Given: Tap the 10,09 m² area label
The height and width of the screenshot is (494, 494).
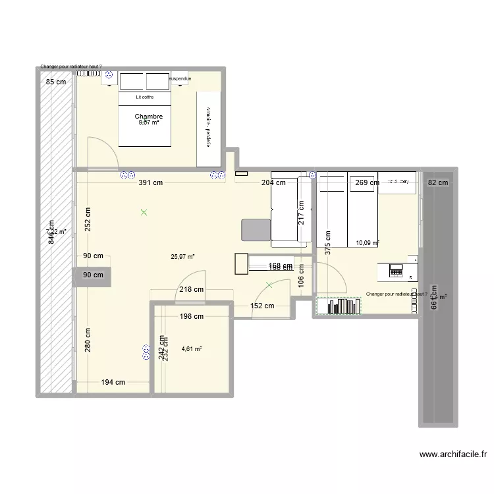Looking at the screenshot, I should pos(367,242).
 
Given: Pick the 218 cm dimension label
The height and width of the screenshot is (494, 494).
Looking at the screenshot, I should pos(191,288).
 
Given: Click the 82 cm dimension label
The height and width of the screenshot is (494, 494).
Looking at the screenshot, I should pos(437,183).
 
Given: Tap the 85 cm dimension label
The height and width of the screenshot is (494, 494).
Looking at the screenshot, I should pos(55,82).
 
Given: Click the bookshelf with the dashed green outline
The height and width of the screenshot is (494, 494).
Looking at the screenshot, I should pos(339,306).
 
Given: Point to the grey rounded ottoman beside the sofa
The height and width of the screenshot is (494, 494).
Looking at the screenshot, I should pos(256,230).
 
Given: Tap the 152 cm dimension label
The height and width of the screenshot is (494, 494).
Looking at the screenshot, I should pos(261,306).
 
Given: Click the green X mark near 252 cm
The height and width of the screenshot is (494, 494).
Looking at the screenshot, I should pos(144,212).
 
